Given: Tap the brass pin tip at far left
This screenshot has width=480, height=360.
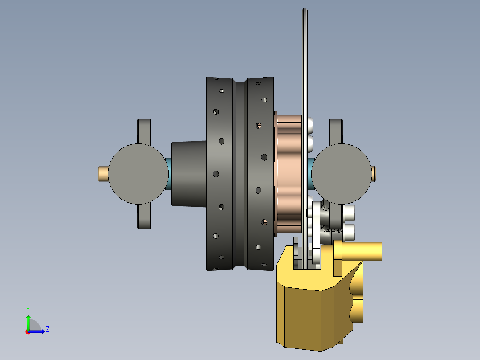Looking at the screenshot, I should [x=102, y=174].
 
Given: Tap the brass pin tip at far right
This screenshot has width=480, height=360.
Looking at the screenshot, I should [x=374, y=173].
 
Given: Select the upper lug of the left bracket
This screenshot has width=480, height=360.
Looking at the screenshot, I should [x=144, y=129].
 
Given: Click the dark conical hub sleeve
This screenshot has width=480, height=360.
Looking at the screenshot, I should [x=189, y=174].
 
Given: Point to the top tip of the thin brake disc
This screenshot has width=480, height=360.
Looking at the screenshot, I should [x=305, y=11].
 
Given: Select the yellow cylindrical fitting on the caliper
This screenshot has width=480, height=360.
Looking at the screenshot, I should [x=361, y=251].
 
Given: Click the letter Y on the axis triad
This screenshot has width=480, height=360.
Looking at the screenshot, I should [x=28, y=309].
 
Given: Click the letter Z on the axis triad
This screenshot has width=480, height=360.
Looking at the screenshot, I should [x=47, y=329].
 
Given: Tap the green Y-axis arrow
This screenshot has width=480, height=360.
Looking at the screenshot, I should [x=28, y=321].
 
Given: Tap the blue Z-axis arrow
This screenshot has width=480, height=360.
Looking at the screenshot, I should [x=38, y=331].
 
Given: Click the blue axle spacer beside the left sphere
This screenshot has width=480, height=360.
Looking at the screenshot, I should [x=169, y=174].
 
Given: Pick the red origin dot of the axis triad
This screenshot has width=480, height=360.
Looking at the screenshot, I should [x=28, y=332].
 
